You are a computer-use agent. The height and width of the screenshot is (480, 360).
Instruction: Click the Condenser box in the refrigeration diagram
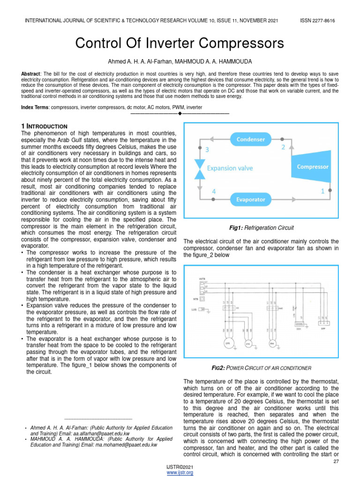click(x=250, y=139)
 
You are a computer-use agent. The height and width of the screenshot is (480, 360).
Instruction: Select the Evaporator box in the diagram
click(x=250, y=199)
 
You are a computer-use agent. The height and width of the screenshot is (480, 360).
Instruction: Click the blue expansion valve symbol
click(x=200, y=168)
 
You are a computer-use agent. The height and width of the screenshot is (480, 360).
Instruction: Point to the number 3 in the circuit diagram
click(x=207, y=150)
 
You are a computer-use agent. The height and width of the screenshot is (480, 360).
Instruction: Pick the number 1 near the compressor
click(x=322, y=191)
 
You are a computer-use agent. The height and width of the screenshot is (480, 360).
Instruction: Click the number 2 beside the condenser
click(x=283, y=147)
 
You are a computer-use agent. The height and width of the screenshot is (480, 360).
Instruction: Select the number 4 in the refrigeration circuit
click(x=214, y=192)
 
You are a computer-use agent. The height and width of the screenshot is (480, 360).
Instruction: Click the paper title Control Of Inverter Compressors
click(x=180, y=44)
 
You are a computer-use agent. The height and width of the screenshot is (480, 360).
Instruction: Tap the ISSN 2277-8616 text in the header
click(x=317, y=21)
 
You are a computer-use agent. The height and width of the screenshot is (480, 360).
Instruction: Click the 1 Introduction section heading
click(x=45, y=127)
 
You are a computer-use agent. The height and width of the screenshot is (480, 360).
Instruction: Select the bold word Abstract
click(x=30, y=75)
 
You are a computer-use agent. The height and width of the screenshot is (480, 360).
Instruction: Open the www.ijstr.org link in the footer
click(x=180, y=473)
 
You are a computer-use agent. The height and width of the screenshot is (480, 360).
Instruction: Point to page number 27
click(x=336, y=462)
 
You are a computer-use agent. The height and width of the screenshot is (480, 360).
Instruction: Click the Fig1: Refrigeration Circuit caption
click(x=261, y=228)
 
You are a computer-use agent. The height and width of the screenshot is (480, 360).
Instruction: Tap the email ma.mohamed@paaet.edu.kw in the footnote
click(x=122, y=445)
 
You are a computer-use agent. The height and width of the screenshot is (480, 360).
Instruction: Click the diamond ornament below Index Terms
click(x=180, y=114)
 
